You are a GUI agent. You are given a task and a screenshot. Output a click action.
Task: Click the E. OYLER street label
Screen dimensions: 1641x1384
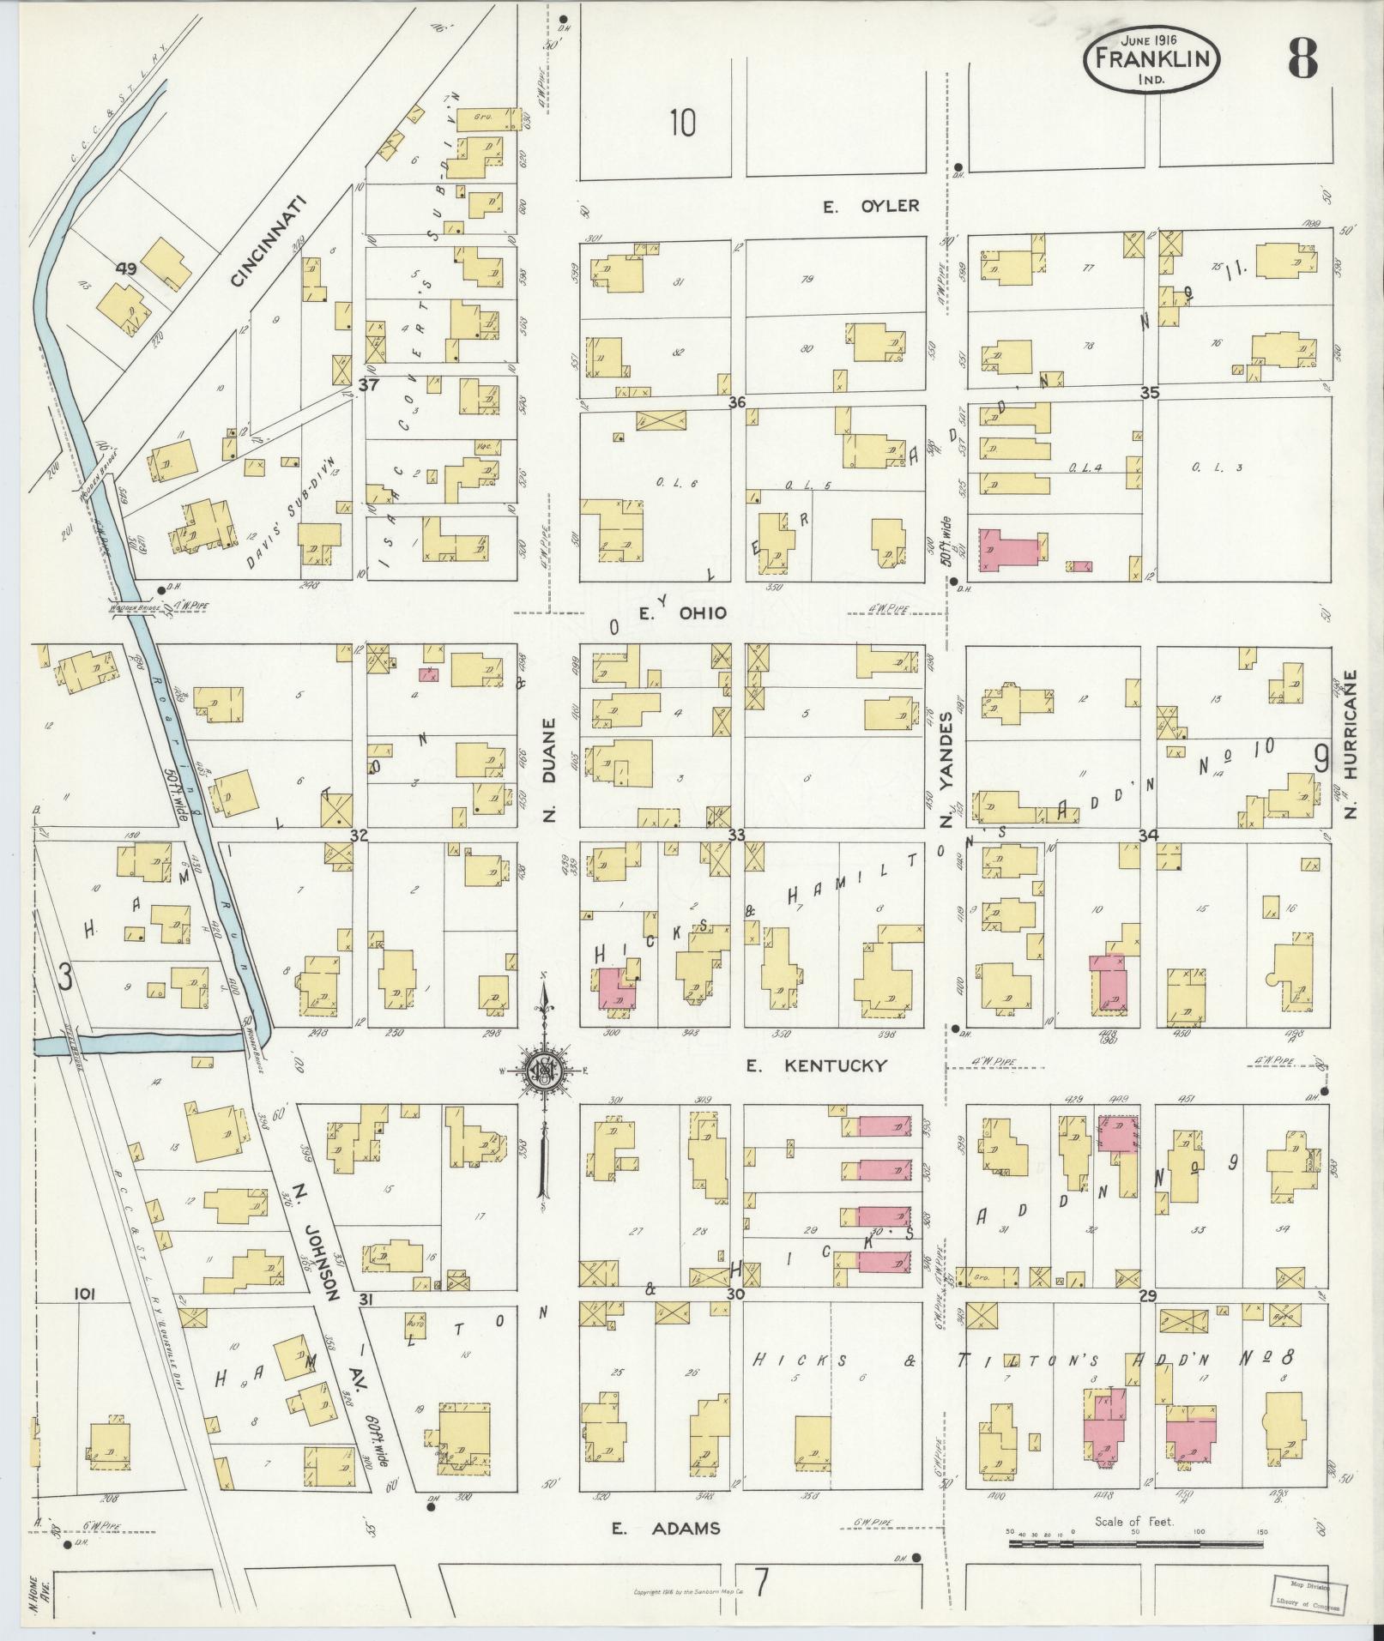point(871,206)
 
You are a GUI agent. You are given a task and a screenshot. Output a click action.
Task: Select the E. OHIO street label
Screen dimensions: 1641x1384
point(684,612)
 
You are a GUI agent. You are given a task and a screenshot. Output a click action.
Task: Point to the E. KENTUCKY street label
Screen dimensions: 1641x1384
point(815,1065)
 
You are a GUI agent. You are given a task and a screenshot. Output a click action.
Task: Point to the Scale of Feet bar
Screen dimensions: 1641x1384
point(1136,1543)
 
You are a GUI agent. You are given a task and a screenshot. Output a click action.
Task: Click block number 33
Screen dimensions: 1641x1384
point(735,835)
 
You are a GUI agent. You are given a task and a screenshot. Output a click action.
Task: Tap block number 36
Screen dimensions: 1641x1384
point(735,401)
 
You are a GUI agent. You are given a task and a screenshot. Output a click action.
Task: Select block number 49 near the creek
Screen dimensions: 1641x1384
point(127,269)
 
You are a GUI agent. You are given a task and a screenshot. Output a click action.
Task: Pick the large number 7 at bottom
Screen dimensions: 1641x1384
point(759,1579)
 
